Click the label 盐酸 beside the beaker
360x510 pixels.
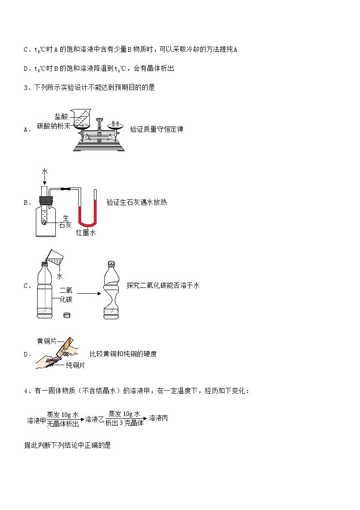(x=61, y=117)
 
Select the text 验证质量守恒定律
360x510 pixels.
(x=156, y=129)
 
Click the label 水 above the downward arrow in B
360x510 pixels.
(x=44, y=171)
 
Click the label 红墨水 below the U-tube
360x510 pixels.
(x=86, y=233)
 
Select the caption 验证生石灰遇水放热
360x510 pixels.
(x=136, y=203)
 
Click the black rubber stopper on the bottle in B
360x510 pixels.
(x=46, y=198)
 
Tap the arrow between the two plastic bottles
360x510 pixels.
(x=86, y=293)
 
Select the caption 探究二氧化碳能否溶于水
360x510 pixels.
(x=163, y=285)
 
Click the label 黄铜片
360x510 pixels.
(x=46, y=341)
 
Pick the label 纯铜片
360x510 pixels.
(x=75, y=365)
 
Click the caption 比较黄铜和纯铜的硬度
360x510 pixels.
(x=123, y=354)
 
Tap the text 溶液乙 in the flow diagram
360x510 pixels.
(x=94, y=419)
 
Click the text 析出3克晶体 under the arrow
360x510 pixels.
(x=124, y=423)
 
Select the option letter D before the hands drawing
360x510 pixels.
(x=26, y=354)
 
